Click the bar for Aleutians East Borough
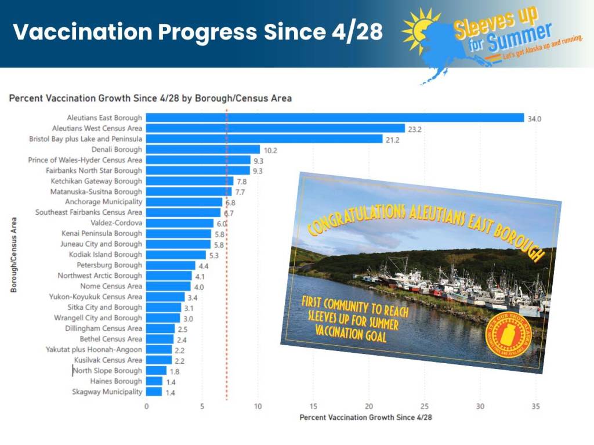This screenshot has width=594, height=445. click(x=335, y=118)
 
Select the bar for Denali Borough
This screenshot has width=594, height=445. click(x=202, y=149)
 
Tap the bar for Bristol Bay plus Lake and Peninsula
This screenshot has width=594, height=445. click(x=264, y=139)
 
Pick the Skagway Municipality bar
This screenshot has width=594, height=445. click(x=154, y=392)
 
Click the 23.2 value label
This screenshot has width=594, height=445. click(x=415, y=129)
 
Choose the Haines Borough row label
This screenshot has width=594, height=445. click(x=116, y=381)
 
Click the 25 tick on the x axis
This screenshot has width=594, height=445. click(x=425, y=406)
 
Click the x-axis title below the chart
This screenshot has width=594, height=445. click(x=365, y=417)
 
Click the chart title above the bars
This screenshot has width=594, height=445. click(x=150, y=98)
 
